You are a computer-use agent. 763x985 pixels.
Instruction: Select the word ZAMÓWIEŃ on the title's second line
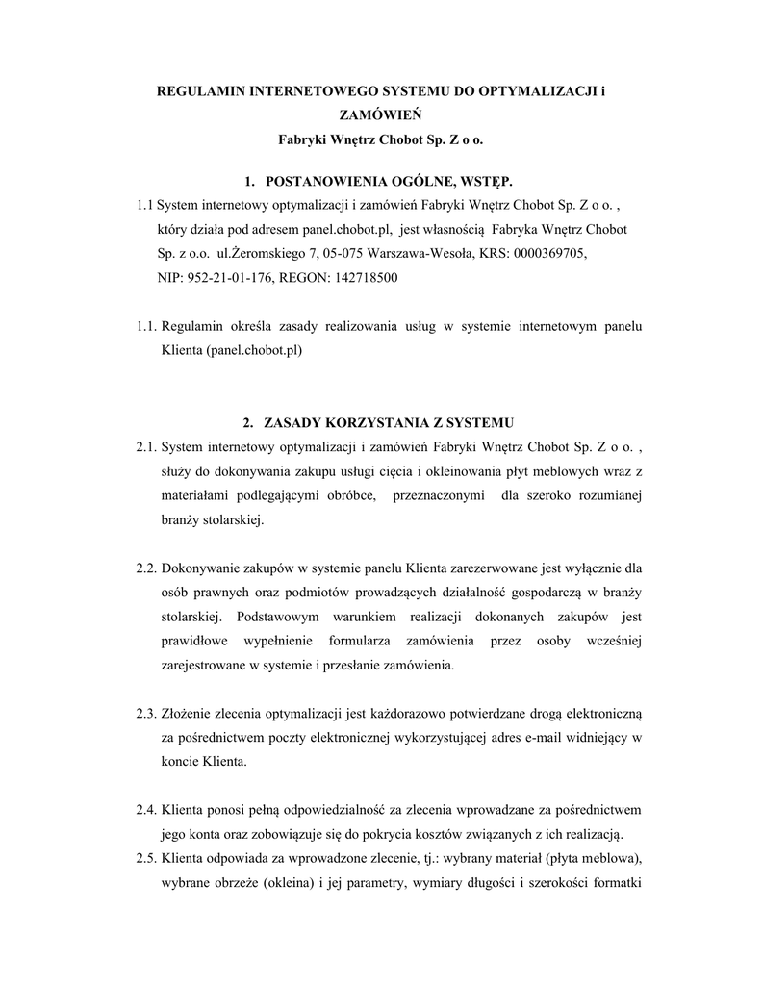(381, 115)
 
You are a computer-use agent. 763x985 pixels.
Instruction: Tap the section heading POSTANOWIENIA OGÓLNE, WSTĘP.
(389, 181)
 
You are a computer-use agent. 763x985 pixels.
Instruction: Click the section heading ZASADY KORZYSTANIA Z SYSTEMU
(390, 422)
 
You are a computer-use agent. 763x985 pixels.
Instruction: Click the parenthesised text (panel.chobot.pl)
(254, 351)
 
